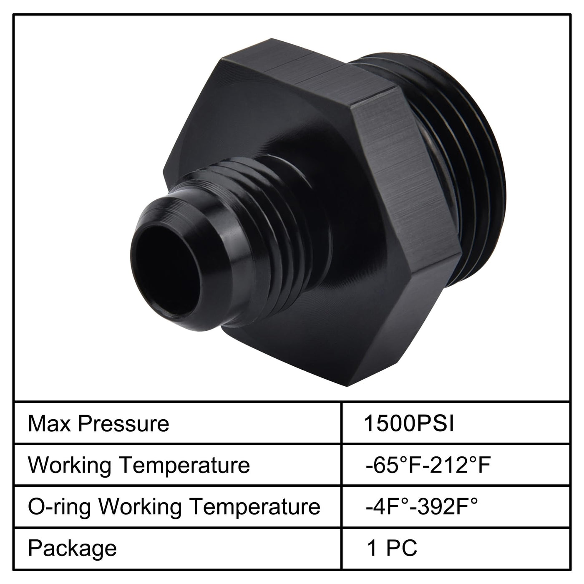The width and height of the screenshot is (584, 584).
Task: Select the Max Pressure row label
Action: coord(98,423)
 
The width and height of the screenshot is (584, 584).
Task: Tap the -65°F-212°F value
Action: coord(428,465)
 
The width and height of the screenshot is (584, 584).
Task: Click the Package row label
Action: coord(73,549)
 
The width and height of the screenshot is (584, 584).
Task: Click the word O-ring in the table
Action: coord(59,507)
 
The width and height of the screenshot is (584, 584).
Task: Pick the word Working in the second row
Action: coord(70,465)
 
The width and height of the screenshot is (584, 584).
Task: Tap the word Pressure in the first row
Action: coord(123,423)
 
